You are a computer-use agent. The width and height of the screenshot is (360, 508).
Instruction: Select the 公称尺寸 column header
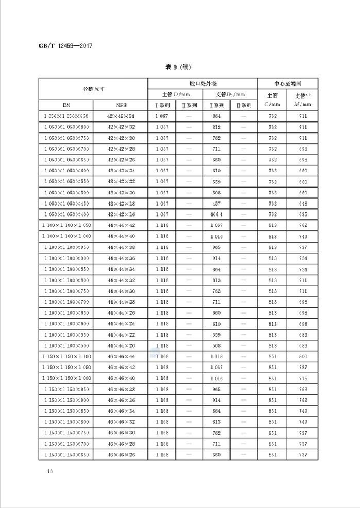pyautogui.click(x=93, y=89)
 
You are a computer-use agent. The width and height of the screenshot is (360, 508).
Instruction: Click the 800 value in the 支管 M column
pyautogui.click(x=303, y=356)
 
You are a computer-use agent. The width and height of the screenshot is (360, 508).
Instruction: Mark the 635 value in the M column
pyautogui.click(x=303, y=215)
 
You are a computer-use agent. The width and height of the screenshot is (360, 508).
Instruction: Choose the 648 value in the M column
pyautogui.click(x=303, y=204)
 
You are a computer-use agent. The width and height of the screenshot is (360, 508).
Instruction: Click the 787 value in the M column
pyautogui.click(x=303, y=368)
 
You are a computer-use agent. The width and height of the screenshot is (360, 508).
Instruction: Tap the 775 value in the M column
pyautogui.click(x=303, y=379)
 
